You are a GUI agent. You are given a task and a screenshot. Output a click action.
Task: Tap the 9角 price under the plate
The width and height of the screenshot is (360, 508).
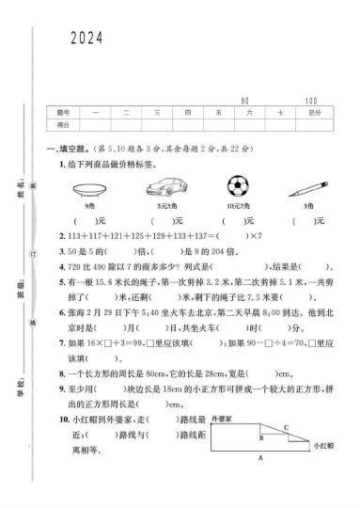[91, 203]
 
